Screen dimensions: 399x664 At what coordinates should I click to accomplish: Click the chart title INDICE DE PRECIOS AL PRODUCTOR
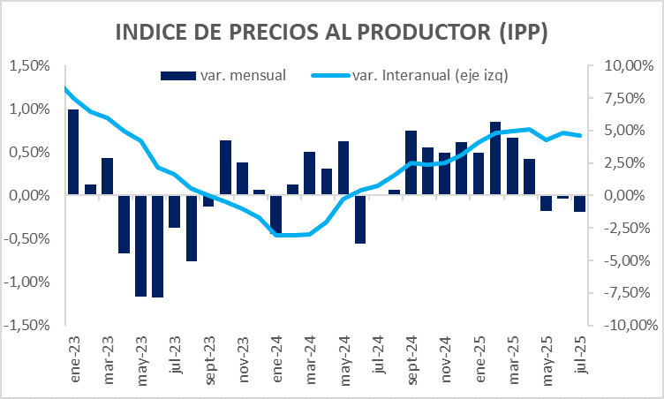331,33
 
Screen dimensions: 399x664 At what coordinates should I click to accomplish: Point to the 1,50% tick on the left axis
29,65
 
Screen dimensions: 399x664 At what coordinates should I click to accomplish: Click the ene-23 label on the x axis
73,358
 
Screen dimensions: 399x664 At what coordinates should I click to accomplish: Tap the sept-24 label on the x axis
411,360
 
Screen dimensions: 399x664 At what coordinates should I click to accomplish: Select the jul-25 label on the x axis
580,358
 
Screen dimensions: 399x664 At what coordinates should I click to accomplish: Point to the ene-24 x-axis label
275,358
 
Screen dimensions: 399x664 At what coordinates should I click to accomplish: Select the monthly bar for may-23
140,245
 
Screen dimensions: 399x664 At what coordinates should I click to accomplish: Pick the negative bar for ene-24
275,215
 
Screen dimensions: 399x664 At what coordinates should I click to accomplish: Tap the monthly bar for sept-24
411,162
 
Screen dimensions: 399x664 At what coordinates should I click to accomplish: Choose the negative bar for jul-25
580,203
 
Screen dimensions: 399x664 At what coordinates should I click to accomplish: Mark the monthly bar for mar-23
107,177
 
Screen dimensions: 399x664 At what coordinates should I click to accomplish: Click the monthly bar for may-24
343,168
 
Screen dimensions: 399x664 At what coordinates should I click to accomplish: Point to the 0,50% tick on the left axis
29,152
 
